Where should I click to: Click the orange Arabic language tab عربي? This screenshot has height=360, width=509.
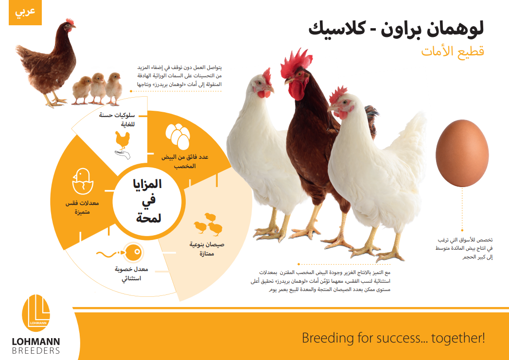25,12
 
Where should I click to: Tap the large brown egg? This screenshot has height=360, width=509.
462,153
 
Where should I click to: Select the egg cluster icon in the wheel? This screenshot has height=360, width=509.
177,136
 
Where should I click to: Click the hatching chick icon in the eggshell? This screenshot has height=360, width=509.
83,181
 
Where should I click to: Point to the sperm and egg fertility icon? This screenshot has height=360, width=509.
120,253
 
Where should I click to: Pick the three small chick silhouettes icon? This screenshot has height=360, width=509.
208,224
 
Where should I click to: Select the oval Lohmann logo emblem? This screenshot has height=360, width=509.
36,313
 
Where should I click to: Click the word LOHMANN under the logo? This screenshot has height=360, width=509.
35,342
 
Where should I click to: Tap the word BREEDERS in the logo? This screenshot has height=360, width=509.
35,351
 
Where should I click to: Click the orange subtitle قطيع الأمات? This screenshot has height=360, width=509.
453,51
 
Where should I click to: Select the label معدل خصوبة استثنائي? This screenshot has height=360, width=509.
131,274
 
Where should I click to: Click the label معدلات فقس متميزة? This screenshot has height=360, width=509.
82,207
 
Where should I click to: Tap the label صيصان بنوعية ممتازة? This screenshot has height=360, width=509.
207,249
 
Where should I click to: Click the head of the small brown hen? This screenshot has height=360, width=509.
69,25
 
